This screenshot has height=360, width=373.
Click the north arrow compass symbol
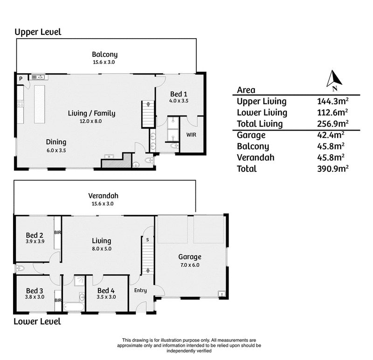pyautogui.click(x=334, y=80)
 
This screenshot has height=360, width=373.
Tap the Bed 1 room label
pyautogui.click(x=179, y=94)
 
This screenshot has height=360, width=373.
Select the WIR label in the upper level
pyautogui.click(x=191, y=135)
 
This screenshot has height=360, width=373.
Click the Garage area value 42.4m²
pyautogui.click(x=331, y=135)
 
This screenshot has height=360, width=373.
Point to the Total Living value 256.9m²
pyautogui.click(x=333, y=123)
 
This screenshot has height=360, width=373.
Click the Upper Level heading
pyautogui.click(x=38, y=32)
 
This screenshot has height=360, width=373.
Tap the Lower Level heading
pyautogui.click(x=37, y=321)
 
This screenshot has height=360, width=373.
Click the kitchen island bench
pyautogui.click(x=40, y=104)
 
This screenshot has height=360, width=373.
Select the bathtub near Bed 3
pyautogui.click(x=74, y=307)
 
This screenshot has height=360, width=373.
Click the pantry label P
pyautogui.click(x=21, y=79)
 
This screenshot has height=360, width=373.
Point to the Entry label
pyautogui.click(x=140, y=291)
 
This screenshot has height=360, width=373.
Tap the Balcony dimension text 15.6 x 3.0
pyautogui.click(x=104, y=62)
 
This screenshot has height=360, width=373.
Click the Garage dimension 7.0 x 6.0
pyautogui.click(x=190, y=265)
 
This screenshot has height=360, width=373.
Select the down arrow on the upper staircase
pyautogui.click(x=148, y=104)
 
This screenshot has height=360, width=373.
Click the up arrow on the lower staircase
pyautogui.click(x=148, y=270)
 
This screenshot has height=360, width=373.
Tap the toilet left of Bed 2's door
pyautogui.click(x=20, y=269)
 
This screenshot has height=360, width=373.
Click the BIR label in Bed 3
pyautogui.click(x=58, y=300)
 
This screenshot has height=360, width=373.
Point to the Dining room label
pyautogui.click(x=56, y=142)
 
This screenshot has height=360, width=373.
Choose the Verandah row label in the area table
pyautogui.click(x=256, y=157)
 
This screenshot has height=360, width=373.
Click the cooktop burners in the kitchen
pyautogui.click(x=21, y=103)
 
